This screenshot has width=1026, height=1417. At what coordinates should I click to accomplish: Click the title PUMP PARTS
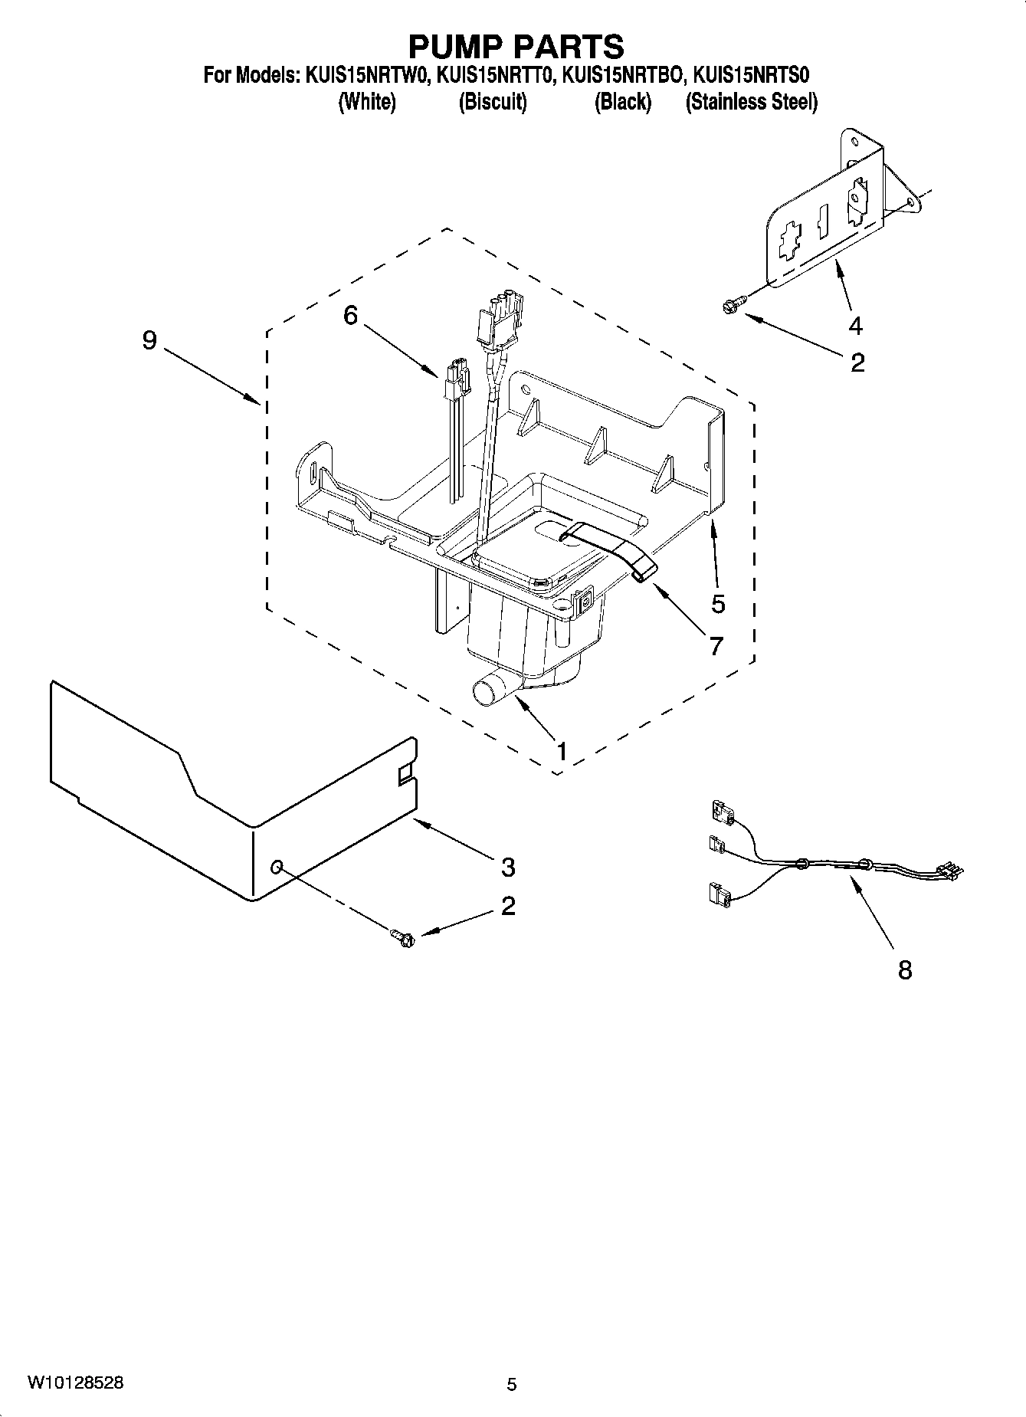pyautogui.click(x=516, y=47)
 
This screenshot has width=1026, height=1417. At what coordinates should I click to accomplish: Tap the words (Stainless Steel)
pyautogui.click(x=751, y=102)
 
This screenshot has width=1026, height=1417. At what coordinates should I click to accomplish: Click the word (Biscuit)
pyautogui.click(x=493, y=102)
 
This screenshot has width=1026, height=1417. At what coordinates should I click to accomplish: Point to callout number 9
pyautogui.click(x=149, y=339)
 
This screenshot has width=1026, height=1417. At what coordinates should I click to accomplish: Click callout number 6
pyautogui.click(x=350, y=315)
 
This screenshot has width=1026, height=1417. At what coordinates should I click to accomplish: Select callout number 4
pyautogui.click(x=855, y=326)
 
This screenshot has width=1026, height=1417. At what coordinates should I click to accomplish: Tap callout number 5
pyautogui.click(x=717, y=604)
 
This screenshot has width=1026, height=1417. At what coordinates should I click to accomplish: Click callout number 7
pyautogui.click(x=716, y=646)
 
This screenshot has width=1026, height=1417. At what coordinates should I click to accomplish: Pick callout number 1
pyautogui.click(x=562, y=751)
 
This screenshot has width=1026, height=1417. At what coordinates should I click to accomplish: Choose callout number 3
pyautogui.click(x=508, y=868)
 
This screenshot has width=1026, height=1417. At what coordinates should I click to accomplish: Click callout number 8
pyautogui.click(x=905, y=971)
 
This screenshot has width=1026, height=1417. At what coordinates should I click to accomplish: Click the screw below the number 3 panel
pyautogui.click(x=402, y=936)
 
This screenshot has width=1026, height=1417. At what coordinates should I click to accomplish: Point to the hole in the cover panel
pyautogui.click(x=277, y=867)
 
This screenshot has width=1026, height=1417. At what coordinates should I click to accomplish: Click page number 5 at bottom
pyautogui.click(x=512, y=1385)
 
